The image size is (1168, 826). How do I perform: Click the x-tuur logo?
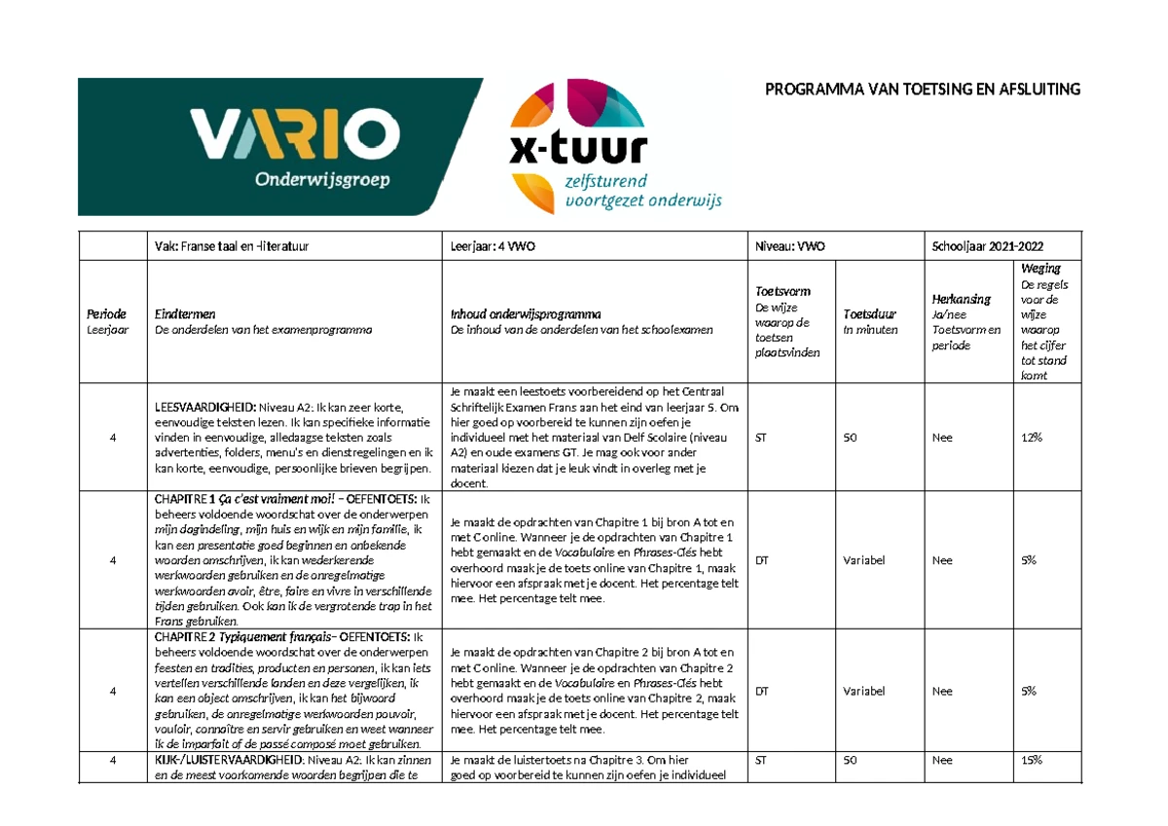point(613,146)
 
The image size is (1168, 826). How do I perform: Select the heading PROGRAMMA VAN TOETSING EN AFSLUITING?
point(922,90)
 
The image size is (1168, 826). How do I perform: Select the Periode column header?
point(106,314)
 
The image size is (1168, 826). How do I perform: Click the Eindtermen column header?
point(185,314)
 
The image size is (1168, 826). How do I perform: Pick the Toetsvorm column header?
point(783,291)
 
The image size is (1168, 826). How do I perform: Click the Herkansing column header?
point(961,299)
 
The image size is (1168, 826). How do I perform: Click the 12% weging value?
point(1031,438)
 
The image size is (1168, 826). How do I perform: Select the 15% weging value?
point(1031,760)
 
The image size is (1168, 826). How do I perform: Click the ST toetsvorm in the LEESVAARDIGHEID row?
point(761,438)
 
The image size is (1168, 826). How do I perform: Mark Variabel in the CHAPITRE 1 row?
point(864,560)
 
